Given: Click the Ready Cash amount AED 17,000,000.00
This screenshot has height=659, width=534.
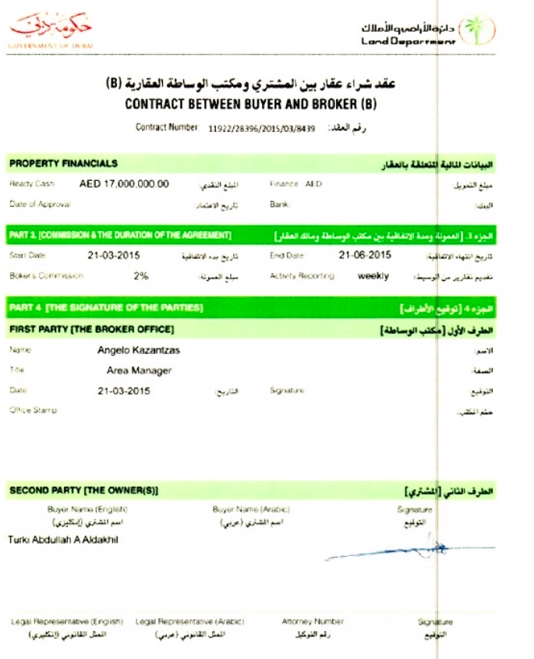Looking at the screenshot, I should coord(125,185).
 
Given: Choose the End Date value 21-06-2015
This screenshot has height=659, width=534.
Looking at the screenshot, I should coord(365,254).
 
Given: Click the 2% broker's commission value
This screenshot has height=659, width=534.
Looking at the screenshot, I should coord(141,275).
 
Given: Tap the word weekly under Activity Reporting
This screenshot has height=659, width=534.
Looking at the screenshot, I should coord(373,275).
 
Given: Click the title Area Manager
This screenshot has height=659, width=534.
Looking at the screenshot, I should coord(140,370).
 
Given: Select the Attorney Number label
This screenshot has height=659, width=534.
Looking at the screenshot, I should coord(313,622).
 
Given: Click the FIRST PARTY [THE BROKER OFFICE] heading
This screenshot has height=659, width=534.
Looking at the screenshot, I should coord(91,329).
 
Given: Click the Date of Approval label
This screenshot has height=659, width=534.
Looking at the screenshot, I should coord(40,204).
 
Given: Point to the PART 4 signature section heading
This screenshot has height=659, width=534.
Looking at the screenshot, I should coord(106,308).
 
